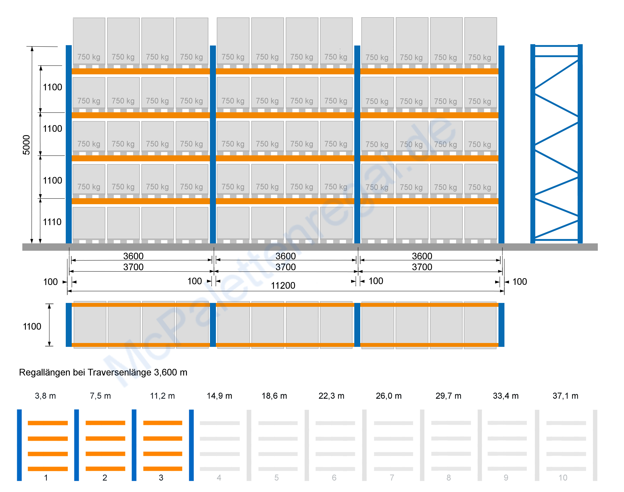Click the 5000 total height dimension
click(x=26, y=145)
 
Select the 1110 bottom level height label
click(x=52, y=222)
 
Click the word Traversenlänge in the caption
click(x=120, y=373)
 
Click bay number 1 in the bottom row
click(x=46, y=478)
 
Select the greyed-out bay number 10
click(x=563, y=478)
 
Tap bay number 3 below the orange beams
click(x=161, y=478)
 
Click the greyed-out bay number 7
click(x=392, y=478)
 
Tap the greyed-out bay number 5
click(x=276, y=478)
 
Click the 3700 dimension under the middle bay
click(x=286, y=267)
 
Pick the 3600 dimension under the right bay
click(x=422, y=256)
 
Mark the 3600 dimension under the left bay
click(x=133, y=256)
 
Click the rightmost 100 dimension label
click(x=520, y=282)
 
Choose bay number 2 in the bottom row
click(x=105, y=478)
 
